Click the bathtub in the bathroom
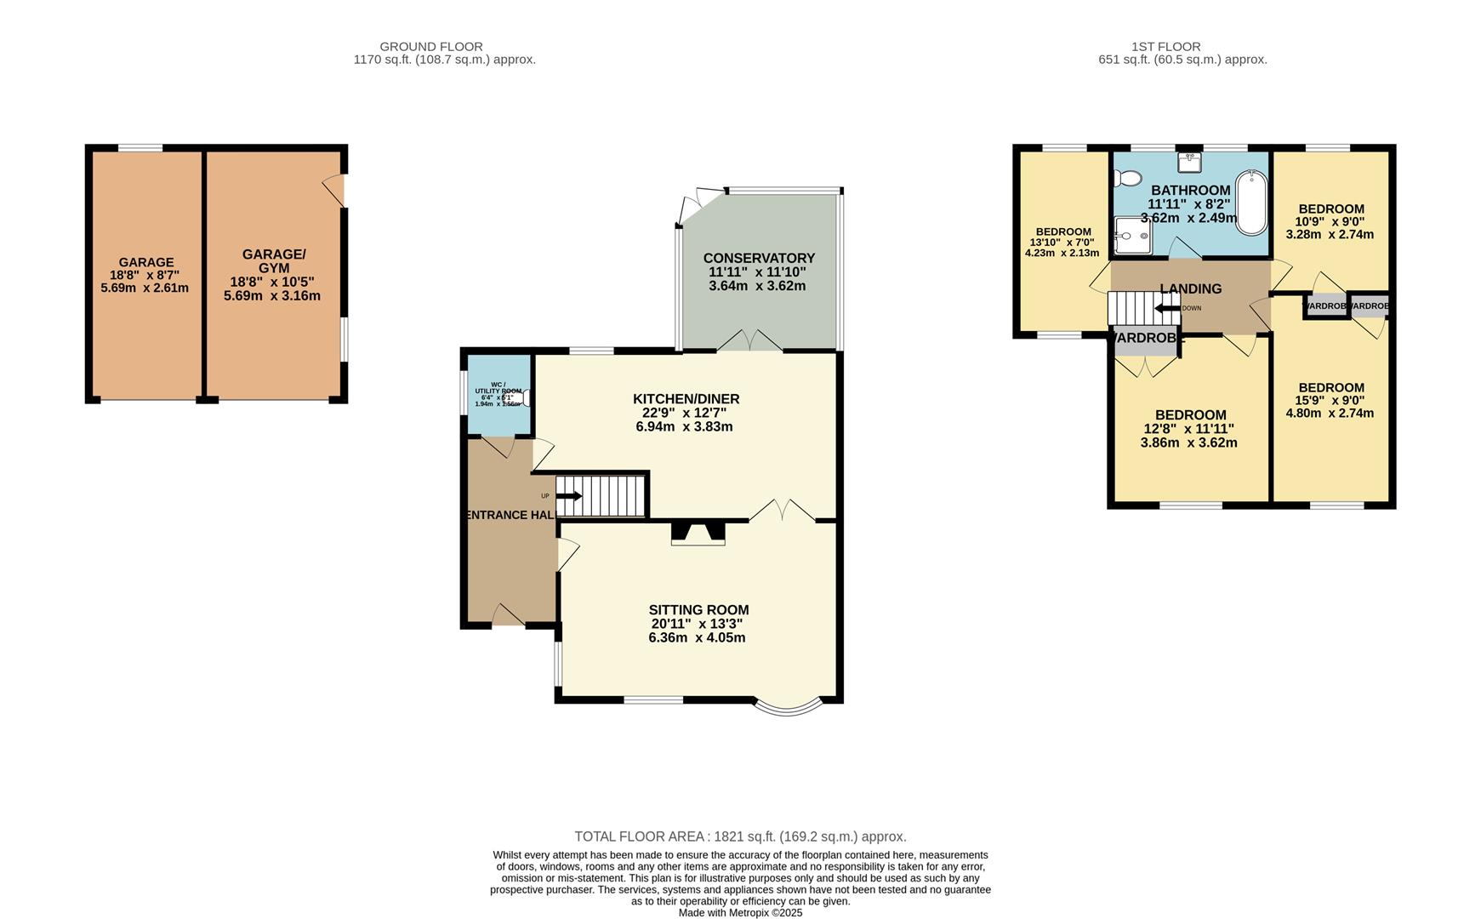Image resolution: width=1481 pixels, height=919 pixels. pyautogui.click(x=1251, y=203)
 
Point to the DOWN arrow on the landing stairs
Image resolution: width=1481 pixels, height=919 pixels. pyautogui.click(x=1167, y=308)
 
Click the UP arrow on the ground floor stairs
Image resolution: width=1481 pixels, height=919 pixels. pyautogui.click(x=569, y=496)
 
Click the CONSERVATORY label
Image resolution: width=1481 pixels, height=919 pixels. pyautogui.click(x=759, y=258)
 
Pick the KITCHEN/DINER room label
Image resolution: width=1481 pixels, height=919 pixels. pyautogui.click(x=686, y=399)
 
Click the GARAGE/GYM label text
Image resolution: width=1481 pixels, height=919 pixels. pyautogui.click(x=273, y=261)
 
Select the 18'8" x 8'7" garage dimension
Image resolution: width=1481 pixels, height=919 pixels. pyautogui.click(x=145, y=276)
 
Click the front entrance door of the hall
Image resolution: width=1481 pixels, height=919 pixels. pyautogui.click(x=508, y=616)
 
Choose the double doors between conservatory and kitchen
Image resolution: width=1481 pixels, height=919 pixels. pyautogui.click(x=749, y=341)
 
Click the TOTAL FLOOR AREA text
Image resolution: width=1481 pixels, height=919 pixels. pyautogui.click(x=740, y=836)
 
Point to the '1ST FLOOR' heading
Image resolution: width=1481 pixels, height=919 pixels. pyautogui.click(x=1165, y=47)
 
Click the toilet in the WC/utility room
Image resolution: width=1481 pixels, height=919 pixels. pyautogui.click(x=527, y=397)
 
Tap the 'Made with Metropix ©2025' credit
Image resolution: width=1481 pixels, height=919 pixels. pyautogui.click(x=740, y=912)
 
